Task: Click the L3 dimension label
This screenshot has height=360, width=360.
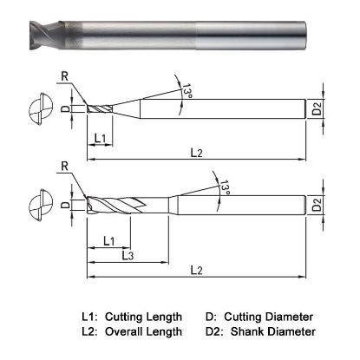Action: [126, 255]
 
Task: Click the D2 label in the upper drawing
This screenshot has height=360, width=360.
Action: [318, 109]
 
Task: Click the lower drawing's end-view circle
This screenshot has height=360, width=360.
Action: [37, 205]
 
